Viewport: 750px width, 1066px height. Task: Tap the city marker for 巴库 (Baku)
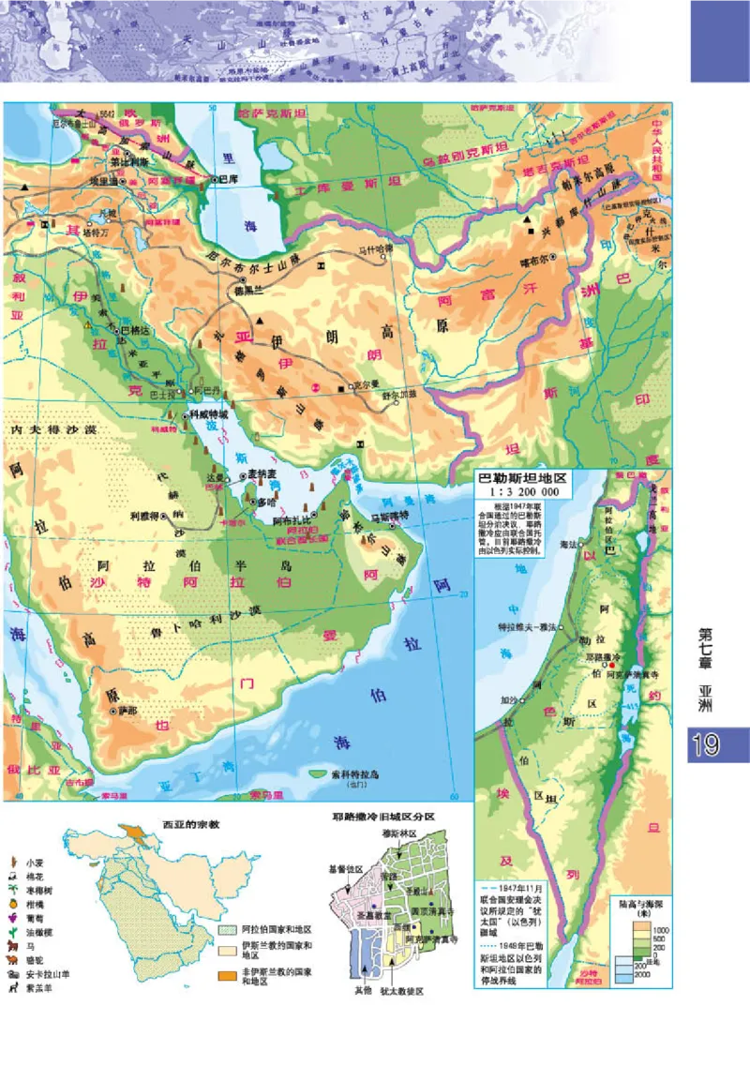[x=214, y=178]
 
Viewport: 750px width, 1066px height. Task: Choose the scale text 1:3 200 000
[x=531, y=490]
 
